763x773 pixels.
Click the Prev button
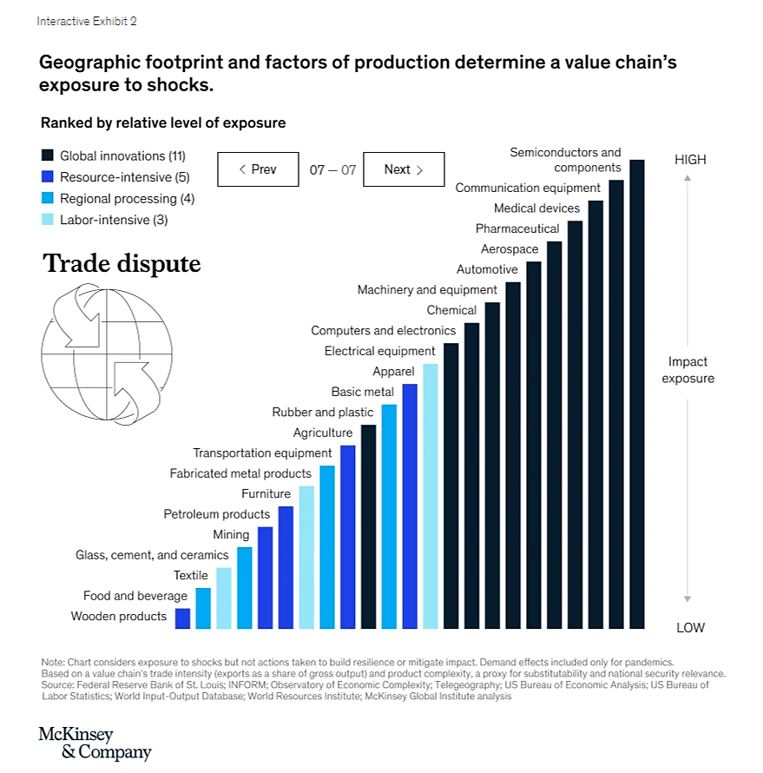point(258,169)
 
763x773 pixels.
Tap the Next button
point(404,169)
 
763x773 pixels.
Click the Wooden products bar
point(182,618)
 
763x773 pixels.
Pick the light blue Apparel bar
point(431,496)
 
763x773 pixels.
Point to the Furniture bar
point(306,557)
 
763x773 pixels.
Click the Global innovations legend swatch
point(48,155)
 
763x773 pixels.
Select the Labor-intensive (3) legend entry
point(113,220)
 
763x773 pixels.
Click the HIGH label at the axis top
point(690,160)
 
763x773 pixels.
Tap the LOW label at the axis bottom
point(690,627)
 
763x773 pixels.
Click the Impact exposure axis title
point(687,370)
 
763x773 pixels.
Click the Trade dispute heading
point(122,263)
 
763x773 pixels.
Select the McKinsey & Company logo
point(95,743)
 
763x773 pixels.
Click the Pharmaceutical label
point(517,228)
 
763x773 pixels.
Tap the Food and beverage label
point(135,596)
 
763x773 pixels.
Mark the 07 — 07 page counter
point(332,170)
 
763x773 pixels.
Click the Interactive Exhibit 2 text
point(86,21)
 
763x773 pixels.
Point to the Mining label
point(231,534)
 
